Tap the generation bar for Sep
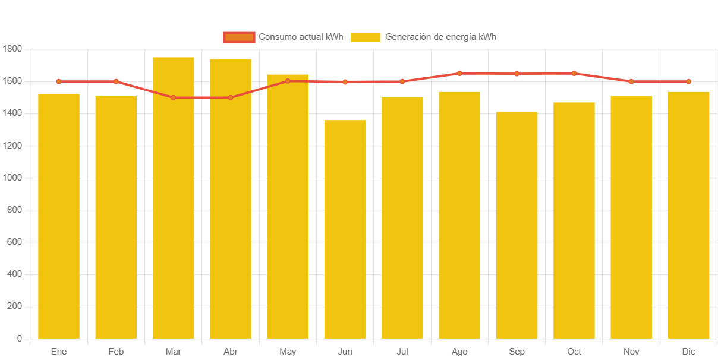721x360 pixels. pyautogui.click(x=517, y=225)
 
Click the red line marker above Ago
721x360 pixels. pyautogui.click(x=459, y=74)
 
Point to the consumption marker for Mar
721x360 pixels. pyautogui.click(x=174, y=97)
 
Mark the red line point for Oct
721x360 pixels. pyautogui.click(x=574, y=74)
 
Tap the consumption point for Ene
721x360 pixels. pyautogui.click(x=59, y=81)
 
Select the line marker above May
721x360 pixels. pyautogui.click(x=288, y=81)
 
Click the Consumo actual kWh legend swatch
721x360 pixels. pyautogui.click(x=239, y=37)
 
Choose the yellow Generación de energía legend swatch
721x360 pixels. pyautogui.click(x=366, y=37)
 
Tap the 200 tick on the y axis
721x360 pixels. pyautogui.click(x=15, y=307)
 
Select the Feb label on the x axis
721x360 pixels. pyautogui.click(x=116, y=352)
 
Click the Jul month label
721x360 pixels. pyautogui.click(x=402, y=352)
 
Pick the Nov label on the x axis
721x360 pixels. pyautogui.click(x=631, y=352)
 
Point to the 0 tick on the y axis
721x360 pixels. pyautogui.click(x=20, y=339)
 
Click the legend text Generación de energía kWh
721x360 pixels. pyautogui.click(x=440, y=37)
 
